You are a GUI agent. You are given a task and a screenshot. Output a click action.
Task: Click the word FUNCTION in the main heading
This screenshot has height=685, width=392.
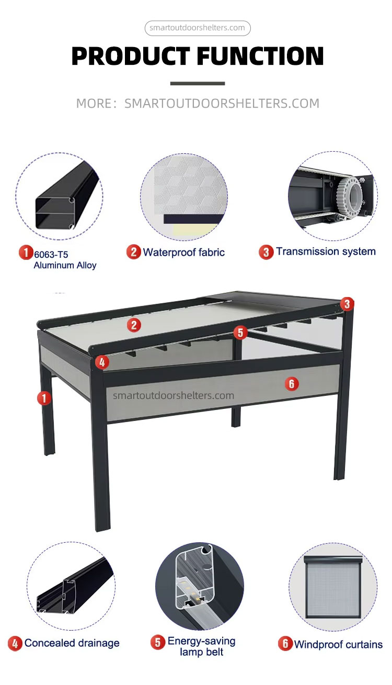click(260, 56)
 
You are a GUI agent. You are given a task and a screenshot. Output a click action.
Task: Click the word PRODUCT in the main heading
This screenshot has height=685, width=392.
click(131, 56)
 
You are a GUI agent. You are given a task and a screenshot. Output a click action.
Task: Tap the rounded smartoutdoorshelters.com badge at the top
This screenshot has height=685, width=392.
click(198, 28)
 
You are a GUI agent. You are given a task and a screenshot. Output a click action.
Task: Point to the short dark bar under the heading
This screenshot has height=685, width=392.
click(198, 83)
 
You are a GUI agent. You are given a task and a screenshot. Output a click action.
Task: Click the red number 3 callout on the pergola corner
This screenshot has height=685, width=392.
click(347, 304)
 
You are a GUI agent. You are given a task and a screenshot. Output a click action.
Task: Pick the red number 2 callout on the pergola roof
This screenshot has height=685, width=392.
click(134, 325)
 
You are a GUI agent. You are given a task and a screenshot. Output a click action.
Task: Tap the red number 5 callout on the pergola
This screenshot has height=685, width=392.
click(240, 333)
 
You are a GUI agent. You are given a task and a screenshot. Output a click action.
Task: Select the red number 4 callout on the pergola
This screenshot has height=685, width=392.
click(102, 362)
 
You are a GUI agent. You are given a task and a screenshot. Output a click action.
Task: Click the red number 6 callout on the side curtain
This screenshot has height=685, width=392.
click(292, 383)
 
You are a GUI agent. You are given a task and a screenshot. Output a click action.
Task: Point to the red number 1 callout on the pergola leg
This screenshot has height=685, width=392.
click(44, 398)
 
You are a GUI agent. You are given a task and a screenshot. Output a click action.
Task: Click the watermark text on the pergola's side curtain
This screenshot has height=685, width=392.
click(174, 395)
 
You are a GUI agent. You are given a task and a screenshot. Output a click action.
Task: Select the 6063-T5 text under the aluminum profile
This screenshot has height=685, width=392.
click(51, 255)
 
